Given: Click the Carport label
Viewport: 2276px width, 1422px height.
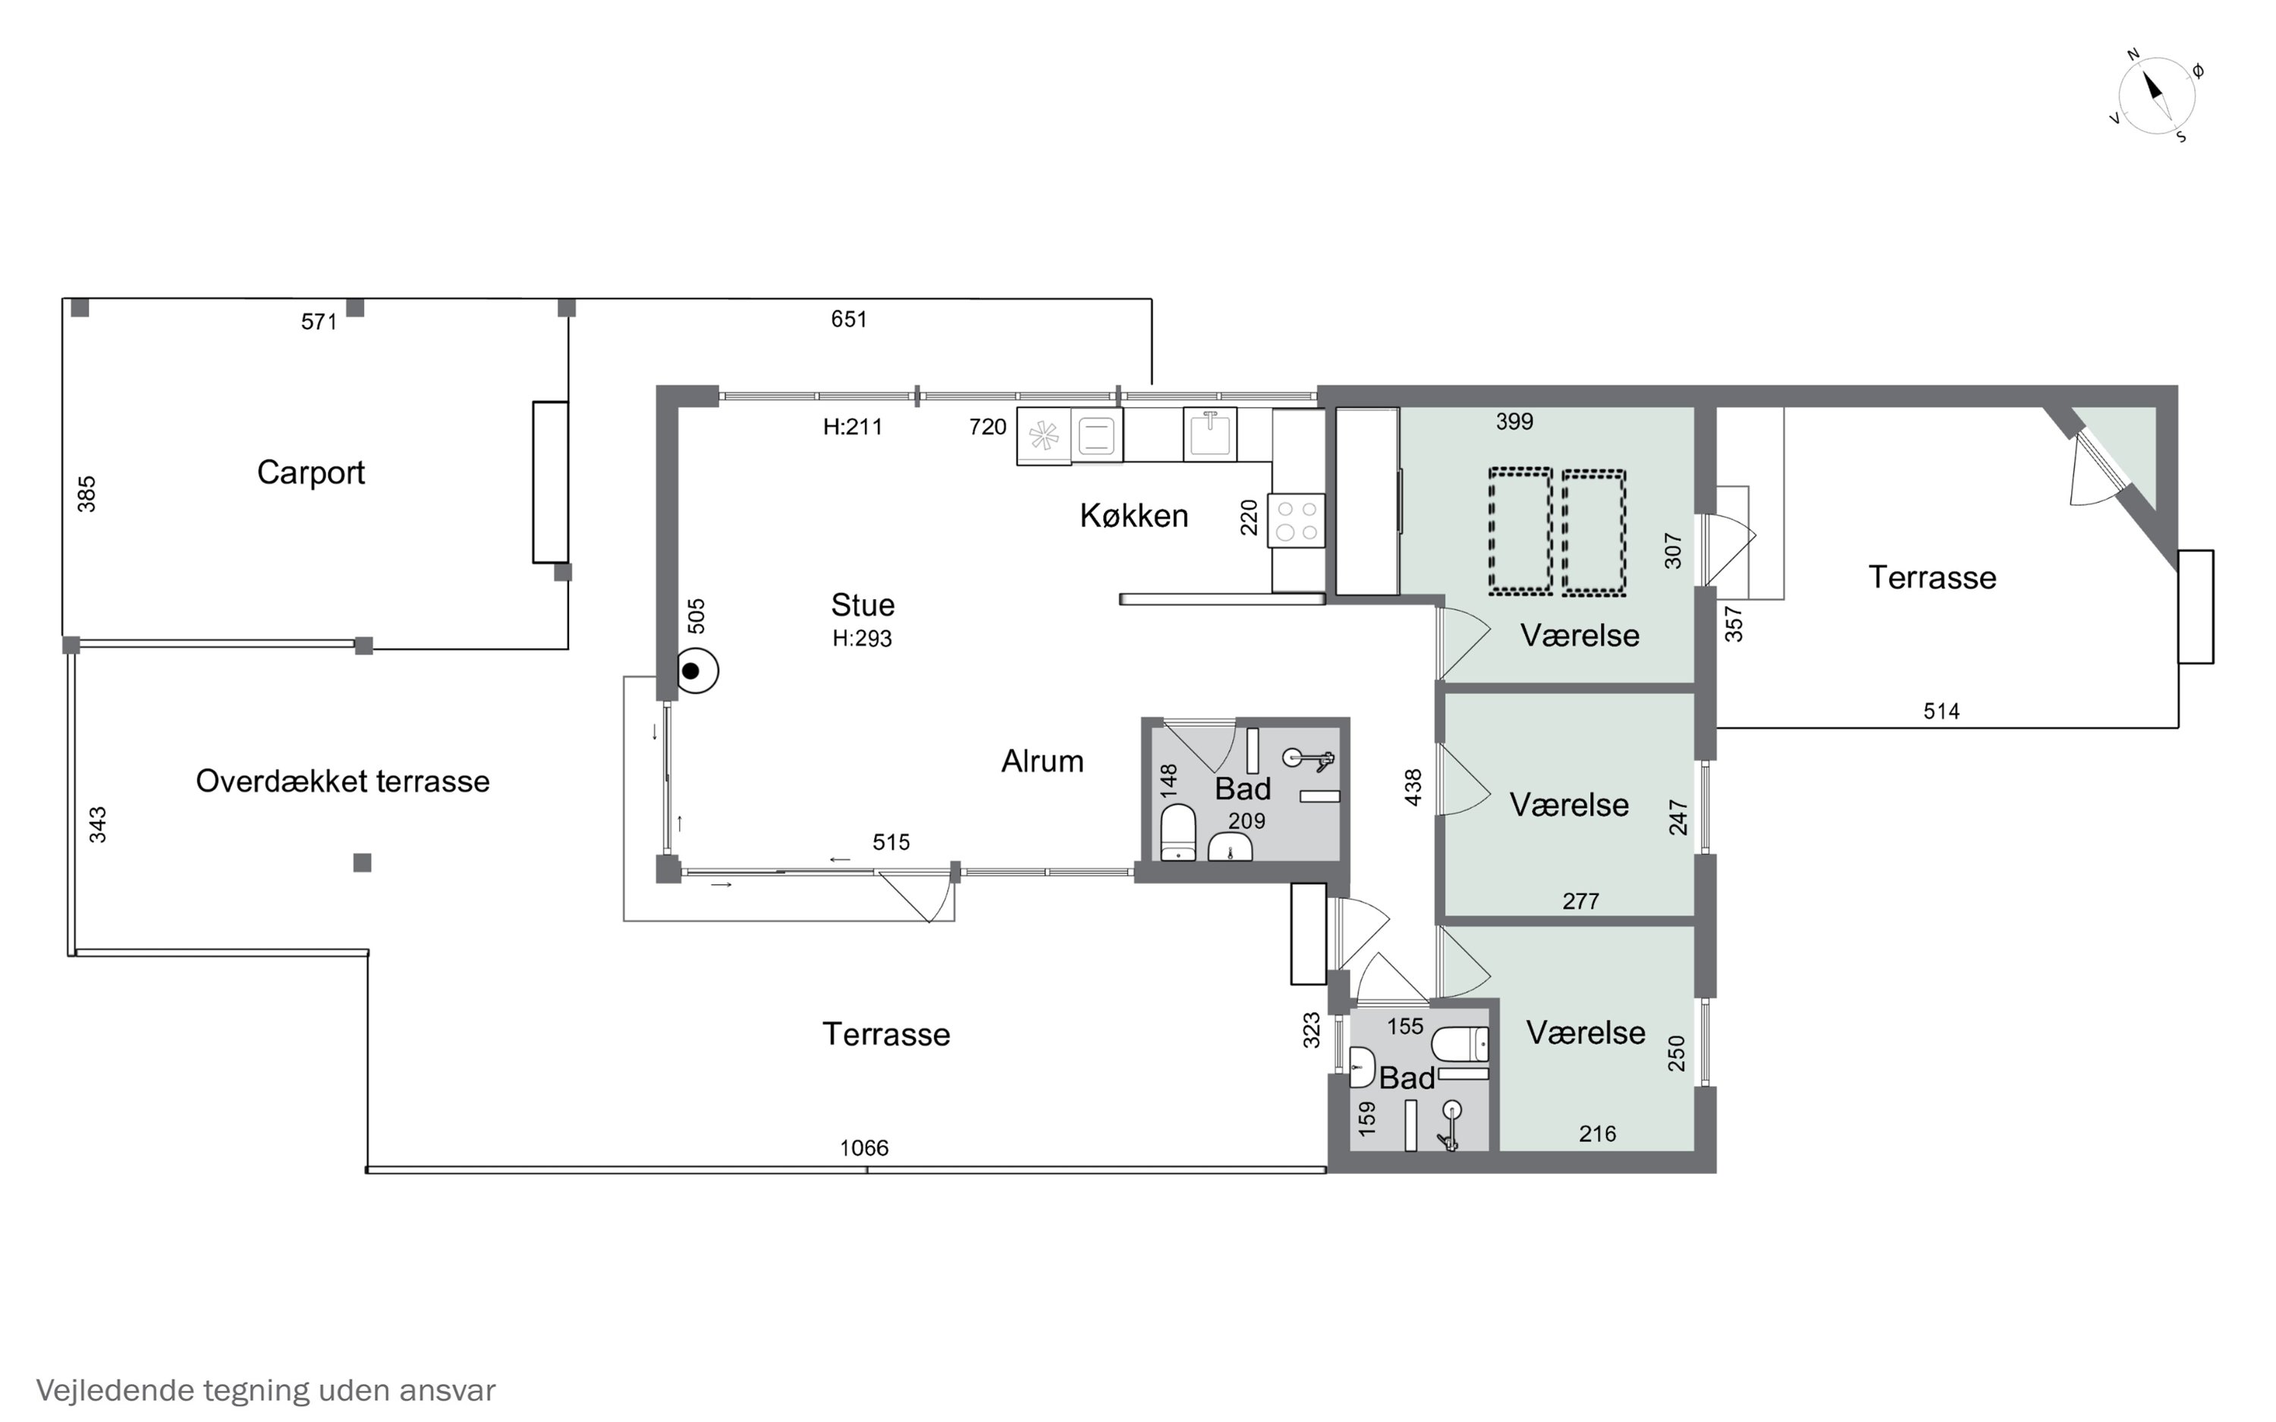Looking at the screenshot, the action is point(310,472).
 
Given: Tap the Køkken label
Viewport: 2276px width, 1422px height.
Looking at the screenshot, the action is point(1133,516).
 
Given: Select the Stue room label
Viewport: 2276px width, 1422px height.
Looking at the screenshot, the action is point(863,604).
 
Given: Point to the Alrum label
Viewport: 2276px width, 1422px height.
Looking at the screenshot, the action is point(1042,761).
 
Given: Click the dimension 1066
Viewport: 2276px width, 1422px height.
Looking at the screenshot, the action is point(863,1147).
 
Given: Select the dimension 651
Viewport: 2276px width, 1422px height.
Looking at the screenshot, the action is point(848,319).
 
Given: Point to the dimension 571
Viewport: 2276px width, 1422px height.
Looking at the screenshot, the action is point(319,322).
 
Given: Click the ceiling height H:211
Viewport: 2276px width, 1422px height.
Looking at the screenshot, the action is point(853,427).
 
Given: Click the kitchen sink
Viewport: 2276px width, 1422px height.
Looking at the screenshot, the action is point(1209,435).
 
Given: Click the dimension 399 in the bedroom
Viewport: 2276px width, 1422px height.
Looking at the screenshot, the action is point(1514,422).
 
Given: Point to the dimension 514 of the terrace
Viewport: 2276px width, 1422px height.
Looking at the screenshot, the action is point(1941,711).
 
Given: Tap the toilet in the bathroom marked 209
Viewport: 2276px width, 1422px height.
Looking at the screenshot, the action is point(1177,832).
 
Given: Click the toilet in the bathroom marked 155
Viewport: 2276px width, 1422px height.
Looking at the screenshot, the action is point(1460,1044).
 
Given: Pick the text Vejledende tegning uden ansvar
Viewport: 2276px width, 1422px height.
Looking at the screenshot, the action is point(266,1390).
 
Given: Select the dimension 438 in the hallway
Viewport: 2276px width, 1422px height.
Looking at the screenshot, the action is point(1413,788).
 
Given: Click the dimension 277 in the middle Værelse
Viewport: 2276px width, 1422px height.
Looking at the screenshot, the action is point(1580,901).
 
